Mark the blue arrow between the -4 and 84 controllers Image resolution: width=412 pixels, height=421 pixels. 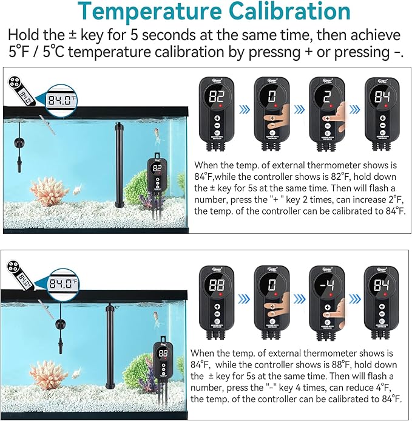tap(354, 299)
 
